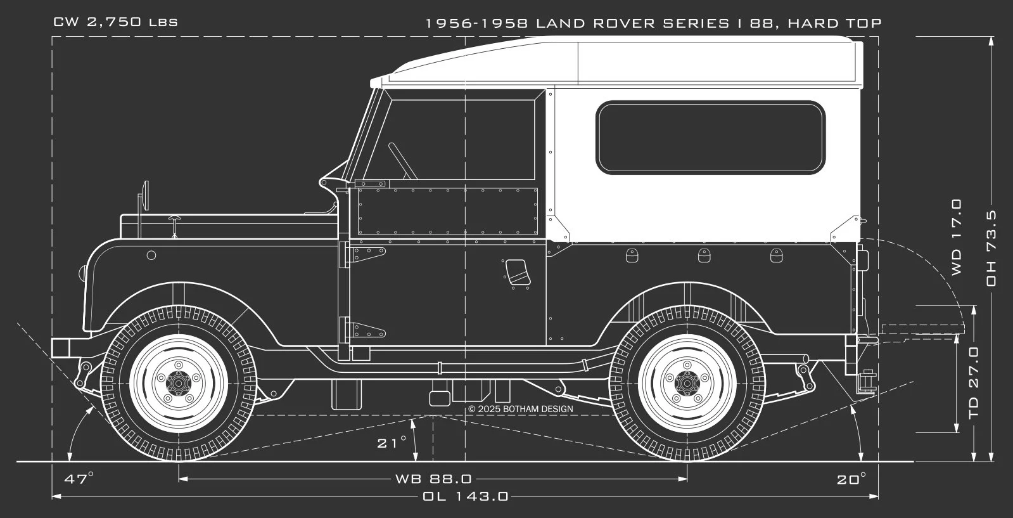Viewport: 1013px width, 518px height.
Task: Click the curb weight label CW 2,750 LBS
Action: point(115,22)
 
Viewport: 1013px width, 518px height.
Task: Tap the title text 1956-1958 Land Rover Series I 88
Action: point(653,23)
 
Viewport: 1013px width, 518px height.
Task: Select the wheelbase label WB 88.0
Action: point(433,479)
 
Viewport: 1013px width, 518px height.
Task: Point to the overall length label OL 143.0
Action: point(466,496)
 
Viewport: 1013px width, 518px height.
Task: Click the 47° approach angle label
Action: point(79,479)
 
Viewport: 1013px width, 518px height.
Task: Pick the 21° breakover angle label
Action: point(392,443)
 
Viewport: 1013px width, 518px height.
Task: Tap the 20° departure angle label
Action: point(851,479)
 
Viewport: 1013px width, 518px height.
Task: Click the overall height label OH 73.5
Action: point(991,248)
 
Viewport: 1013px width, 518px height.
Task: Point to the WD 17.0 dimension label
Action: point(956,237)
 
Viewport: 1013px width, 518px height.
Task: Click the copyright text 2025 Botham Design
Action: point(521,409)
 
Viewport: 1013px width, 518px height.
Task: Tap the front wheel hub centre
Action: point(178,382)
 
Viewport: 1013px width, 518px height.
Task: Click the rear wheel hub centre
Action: point(687,382)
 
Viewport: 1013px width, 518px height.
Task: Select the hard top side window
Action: point(711,137)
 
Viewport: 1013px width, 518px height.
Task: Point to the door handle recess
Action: point(516,273)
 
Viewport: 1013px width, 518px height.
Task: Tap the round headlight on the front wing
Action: point(151,256)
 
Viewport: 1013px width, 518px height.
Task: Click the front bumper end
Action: point(60,348)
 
